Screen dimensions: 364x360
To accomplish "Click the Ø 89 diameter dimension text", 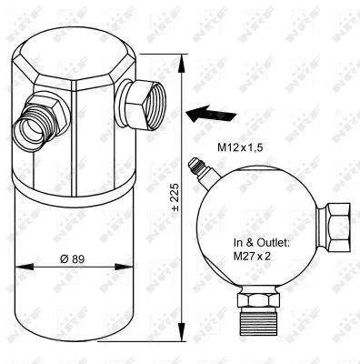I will point(75,257).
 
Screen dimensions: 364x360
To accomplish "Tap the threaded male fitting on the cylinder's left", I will point(35,118).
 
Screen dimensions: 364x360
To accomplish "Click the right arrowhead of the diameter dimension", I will point(132,268).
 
